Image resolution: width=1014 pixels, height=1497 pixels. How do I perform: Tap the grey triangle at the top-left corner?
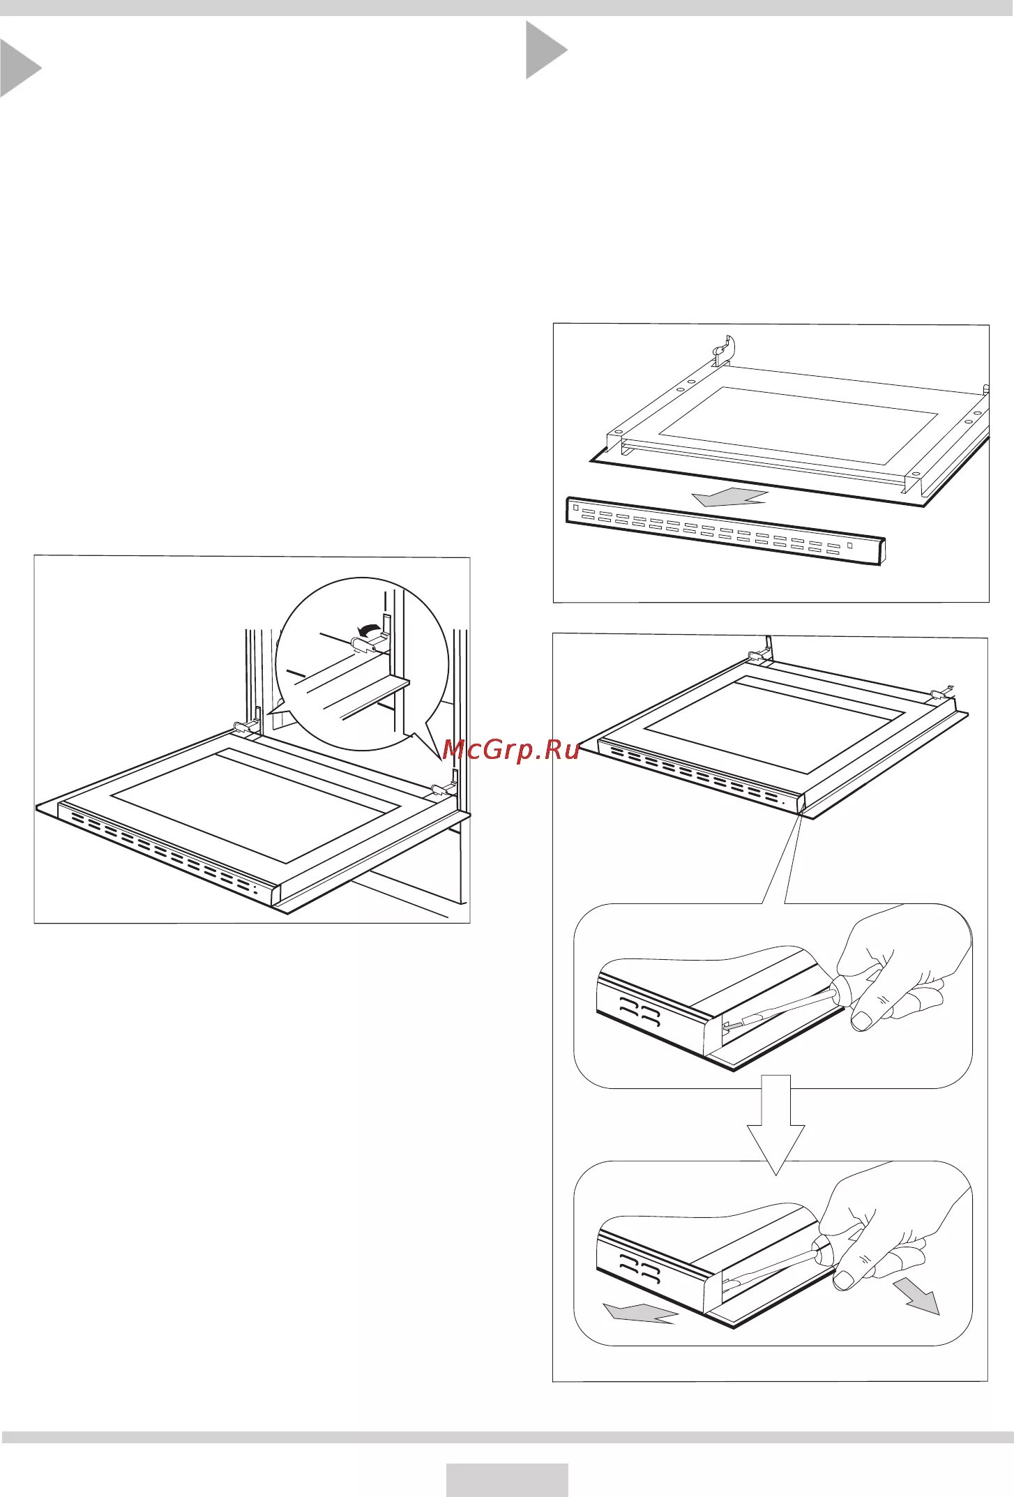(17, 68)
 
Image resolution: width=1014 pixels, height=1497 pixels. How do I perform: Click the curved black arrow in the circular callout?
(365, 629)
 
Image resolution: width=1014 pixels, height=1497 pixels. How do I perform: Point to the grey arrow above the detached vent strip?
(729, 498)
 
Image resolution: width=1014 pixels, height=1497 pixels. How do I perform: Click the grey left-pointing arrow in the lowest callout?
(639, 1313)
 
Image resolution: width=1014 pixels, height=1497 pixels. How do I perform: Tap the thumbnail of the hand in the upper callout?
(863, 1021)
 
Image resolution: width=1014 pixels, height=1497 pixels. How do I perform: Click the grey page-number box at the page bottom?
(507, 1480)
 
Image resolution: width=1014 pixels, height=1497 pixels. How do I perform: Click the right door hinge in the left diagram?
(444, 789)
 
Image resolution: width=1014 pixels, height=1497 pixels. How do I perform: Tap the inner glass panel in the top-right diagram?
(798, 426)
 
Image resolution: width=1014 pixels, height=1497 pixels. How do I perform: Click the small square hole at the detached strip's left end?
(575, 508)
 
